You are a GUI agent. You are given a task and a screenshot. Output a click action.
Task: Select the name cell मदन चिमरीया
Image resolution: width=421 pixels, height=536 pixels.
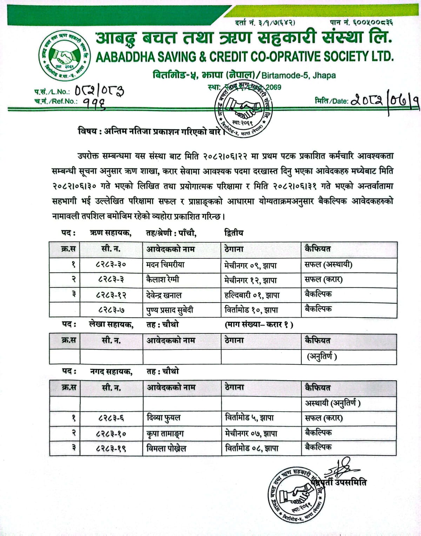tap(165, 265)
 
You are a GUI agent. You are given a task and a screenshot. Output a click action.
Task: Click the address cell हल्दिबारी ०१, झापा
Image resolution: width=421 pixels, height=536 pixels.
tap(252, 295)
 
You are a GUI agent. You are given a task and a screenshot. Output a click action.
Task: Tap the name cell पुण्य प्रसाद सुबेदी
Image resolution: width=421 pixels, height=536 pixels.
tap(169, 310)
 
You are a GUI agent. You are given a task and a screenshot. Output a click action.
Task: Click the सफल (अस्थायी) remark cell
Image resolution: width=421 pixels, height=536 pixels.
tap(328, 265)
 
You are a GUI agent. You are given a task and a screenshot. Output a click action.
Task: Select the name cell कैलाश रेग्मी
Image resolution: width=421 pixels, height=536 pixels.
tap(162, 280)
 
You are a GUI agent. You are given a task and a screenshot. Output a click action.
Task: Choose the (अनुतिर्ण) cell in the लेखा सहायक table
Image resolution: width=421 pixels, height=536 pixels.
tap(322, 357)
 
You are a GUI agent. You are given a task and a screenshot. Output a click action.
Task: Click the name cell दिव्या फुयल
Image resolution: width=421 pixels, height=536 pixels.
tap(163, 418)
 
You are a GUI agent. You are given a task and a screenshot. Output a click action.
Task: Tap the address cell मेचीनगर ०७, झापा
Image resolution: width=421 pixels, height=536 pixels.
tap(251, 433)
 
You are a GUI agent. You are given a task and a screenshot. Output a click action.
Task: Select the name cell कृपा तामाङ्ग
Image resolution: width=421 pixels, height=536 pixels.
tap(165, 433)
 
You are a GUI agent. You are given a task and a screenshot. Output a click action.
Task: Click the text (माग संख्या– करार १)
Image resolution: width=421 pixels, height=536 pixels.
tap(259, 325)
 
